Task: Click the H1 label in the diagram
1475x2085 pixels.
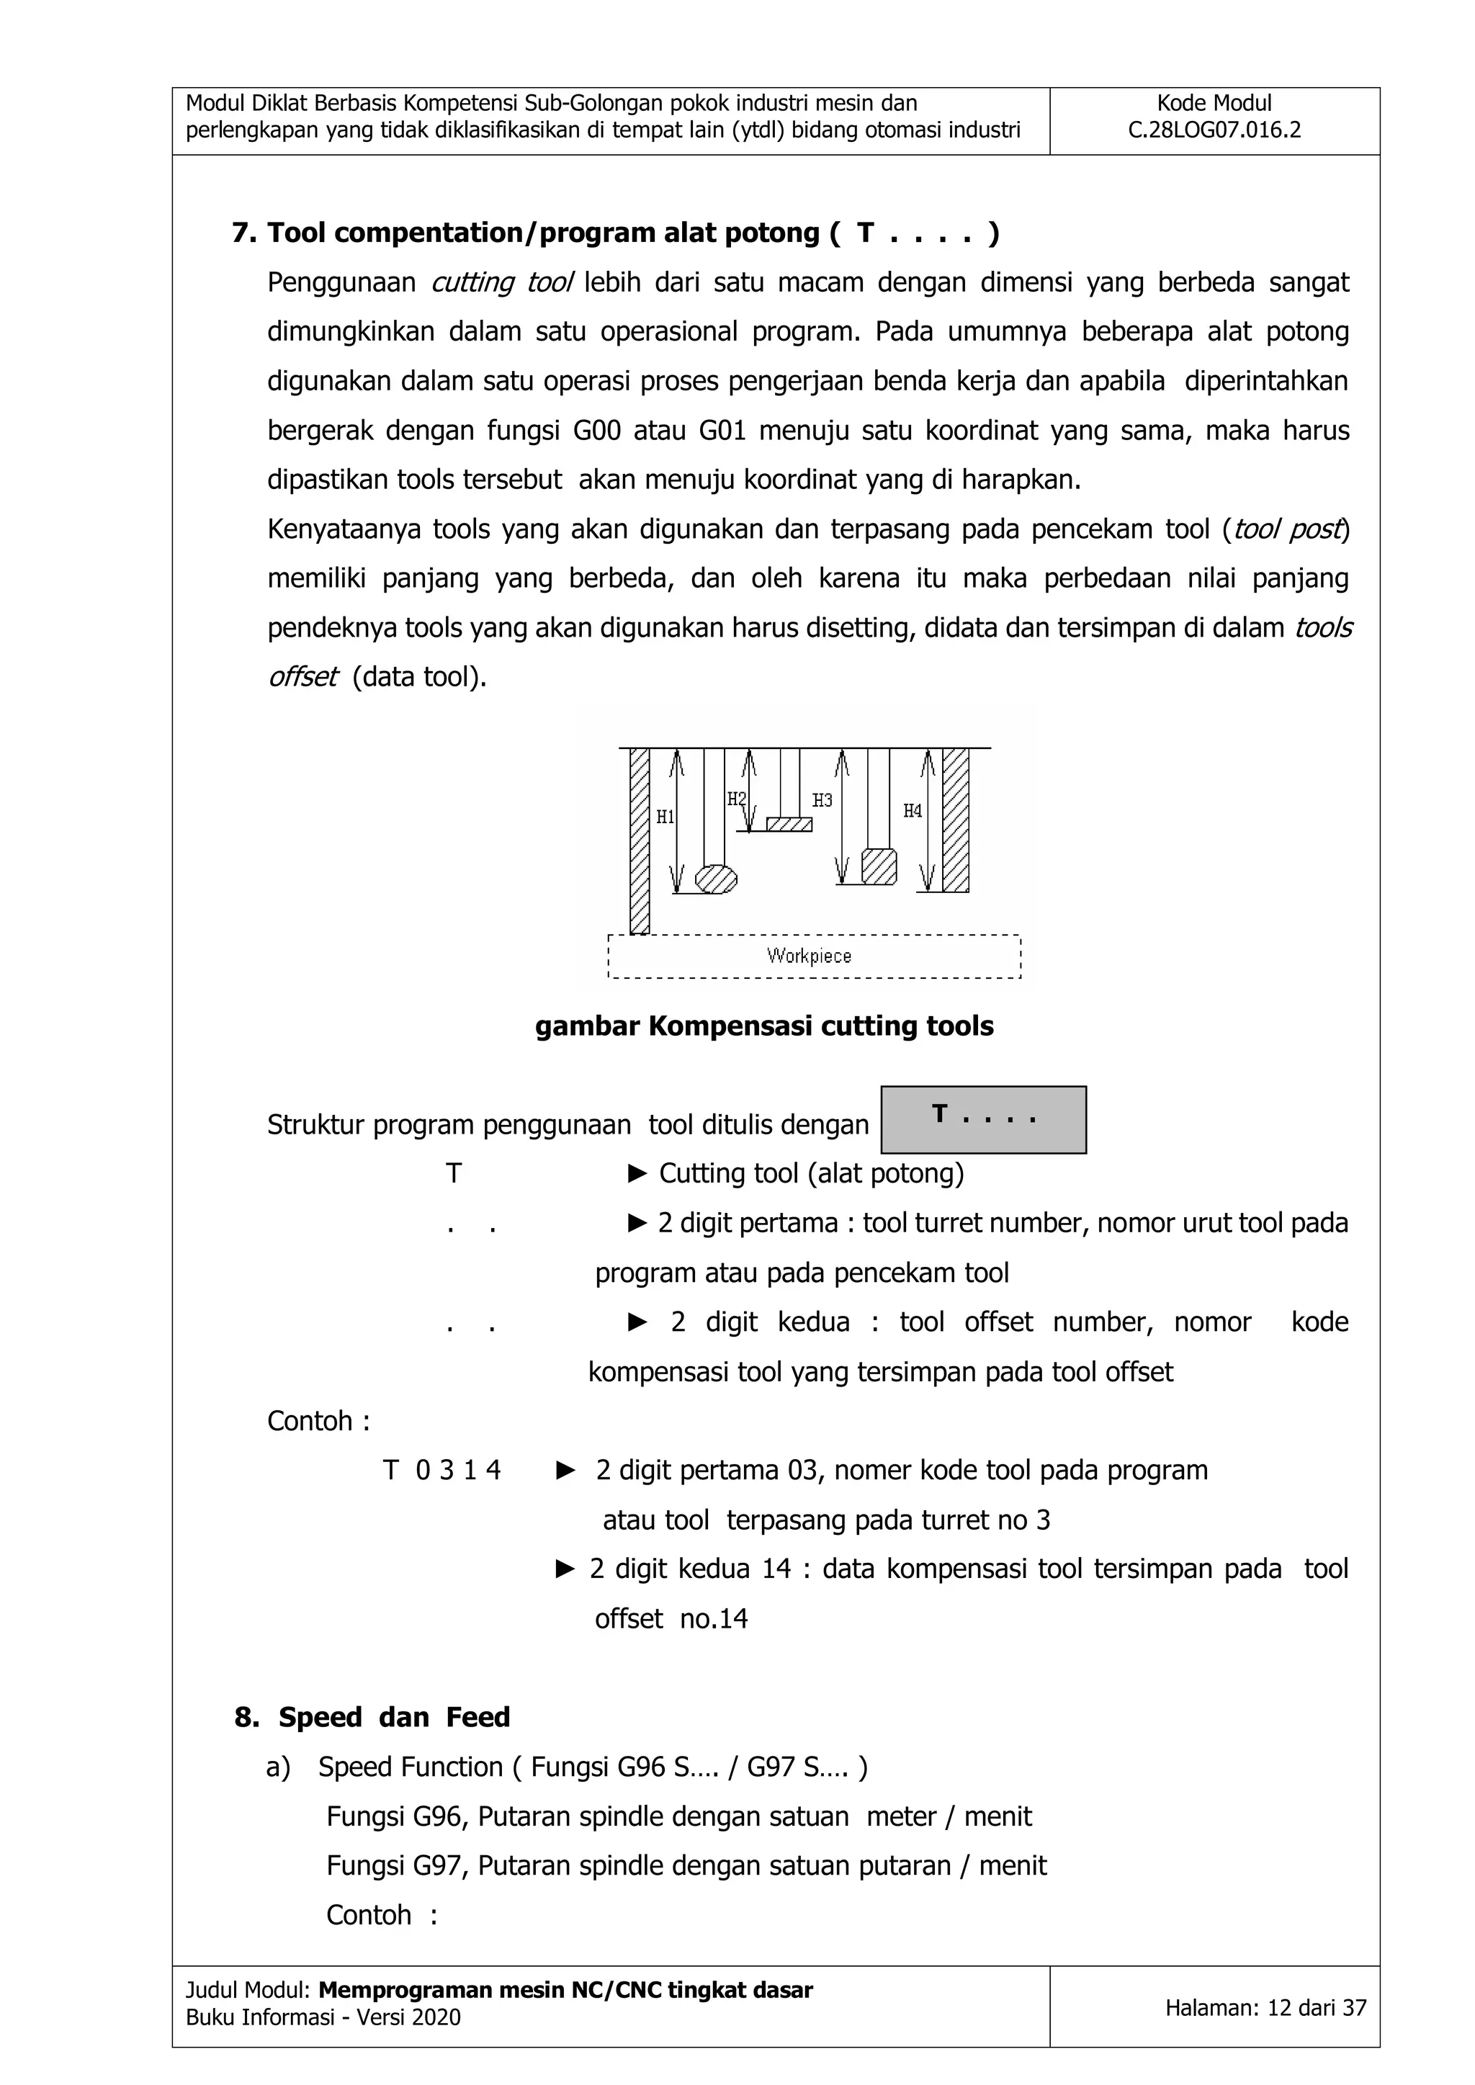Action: click(665, 817)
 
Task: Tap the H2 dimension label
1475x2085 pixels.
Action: click(735, 799)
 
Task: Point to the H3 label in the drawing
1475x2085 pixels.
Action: click(822, 800)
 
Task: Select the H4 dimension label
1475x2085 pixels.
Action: click(912, 811)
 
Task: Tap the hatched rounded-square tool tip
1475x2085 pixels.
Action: click(878, 866)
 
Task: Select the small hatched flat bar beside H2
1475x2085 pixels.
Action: click(789, 825)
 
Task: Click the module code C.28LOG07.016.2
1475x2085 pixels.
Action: click(1214, 130)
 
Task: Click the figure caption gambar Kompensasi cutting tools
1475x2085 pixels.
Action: click(764, 1026)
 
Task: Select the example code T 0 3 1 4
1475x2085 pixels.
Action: click(441, 1469)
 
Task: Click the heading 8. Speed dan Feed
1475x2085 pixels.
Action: click(372, 1716)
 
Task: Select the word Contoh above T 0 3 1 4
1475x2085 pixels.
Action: click(309, 1420)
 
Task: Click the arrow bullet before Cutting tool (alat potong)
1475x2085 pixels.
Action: click(637, 1174)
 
